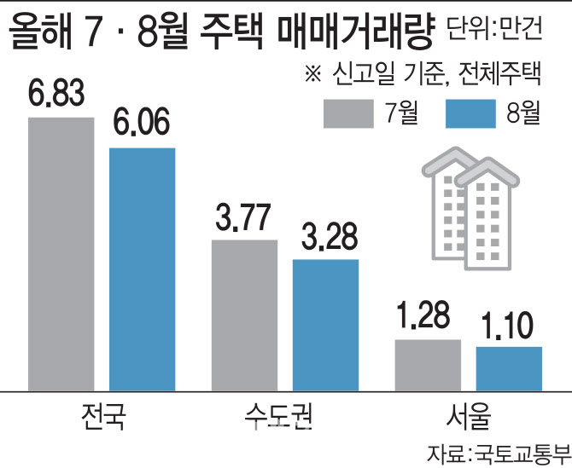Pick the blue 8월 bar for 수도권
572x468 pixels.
click(x=325, y=324)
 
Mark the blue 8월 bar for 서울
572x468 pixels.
click(x=509, y=367)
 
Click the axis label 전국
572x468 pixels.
click(x=101, y=418)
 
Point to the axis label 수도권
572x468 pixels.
click(x=284, y=418)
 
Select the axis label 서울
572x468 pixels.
click(x=468, y=418)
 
